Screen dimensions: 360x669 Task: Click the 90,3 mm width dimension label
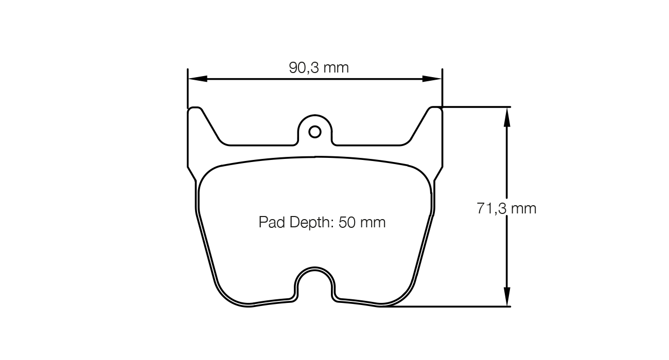319,67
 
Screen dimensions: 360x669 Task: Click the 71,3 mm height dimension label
506,208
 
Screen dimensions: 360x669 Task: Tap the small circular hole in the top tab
315,132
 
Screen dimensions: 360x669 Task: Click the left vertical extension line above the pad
188,87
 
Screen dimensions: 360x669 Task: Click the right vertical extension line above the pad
442,87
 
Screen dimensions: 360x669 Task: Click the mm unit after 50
373,223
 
